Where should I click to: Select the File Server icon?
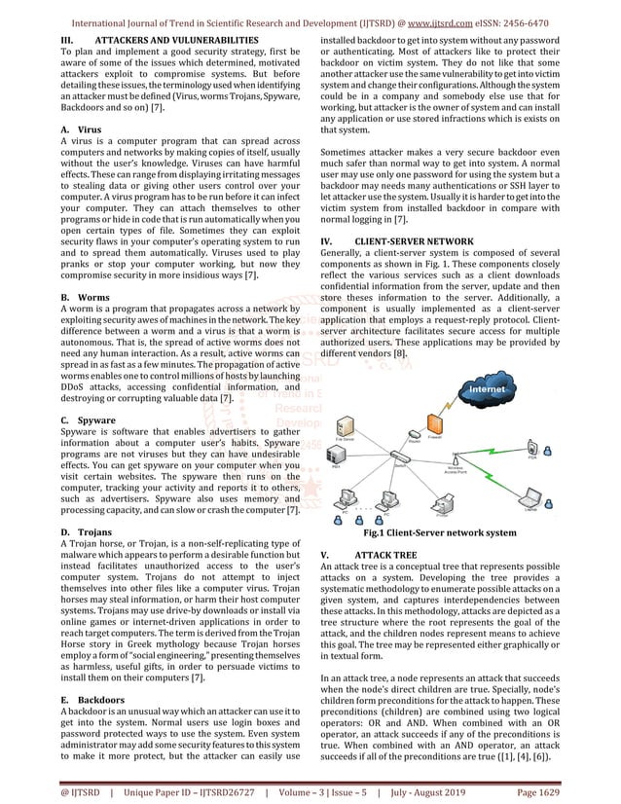344,425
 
